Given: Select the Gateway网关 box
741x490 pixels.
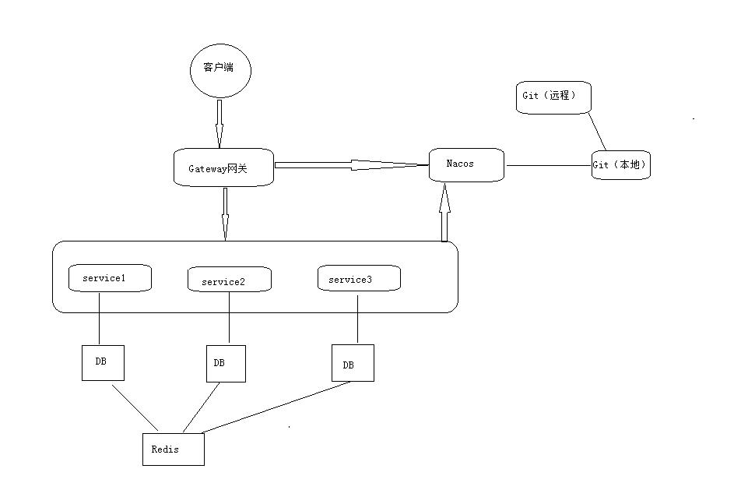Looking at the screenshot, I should pyautogui.click(x=224, y=168).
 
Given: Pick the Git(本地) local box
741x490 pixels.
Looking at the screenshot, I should pyautogui.click(x=620, y=165).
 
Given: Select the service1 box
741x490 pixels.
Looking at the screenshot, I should pyautogui.click(x=110, y=278).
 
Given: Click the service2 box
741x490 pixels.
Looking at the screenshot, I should pyautogui.click(x=230, y=280).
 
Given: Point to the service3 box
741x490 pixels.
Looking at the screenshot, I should pyautogui.click(x=359, y=279).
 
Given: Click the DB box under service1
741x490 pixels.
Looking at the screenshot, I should pyautogui.click(x=103, y=362).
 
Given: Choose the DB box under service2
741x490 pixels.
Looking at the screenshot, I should pyautogui.click(x=226, y=364).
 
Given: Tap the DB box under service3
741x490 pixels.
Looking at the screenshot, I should pyautogui.click(x=352, y=363).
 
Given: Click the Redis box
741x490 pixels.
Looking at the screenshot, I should pyautogui.click(x=173, y=449).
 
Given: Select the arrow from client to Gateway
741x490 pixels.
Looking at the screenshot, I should pyautogui.click(x=219, y=125).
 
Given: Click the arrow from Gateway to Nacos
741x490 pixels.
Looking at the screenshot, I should pyautogui.click(x=350, y=164).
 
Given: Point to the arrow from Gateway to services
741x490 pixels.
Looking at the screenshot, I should pyautogui.click(x=225, y=213).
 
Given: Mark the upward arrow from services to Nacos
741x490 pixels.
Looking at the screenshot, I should pyautogui.click(x=444, y=214).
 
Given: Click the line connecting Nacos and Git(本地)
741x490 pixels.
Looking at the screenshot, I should pyautogui.click(x=548, y=165).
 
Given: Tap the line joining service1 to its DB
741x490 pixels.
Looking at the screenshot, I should pyautogui.click(x=100, y=319).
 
